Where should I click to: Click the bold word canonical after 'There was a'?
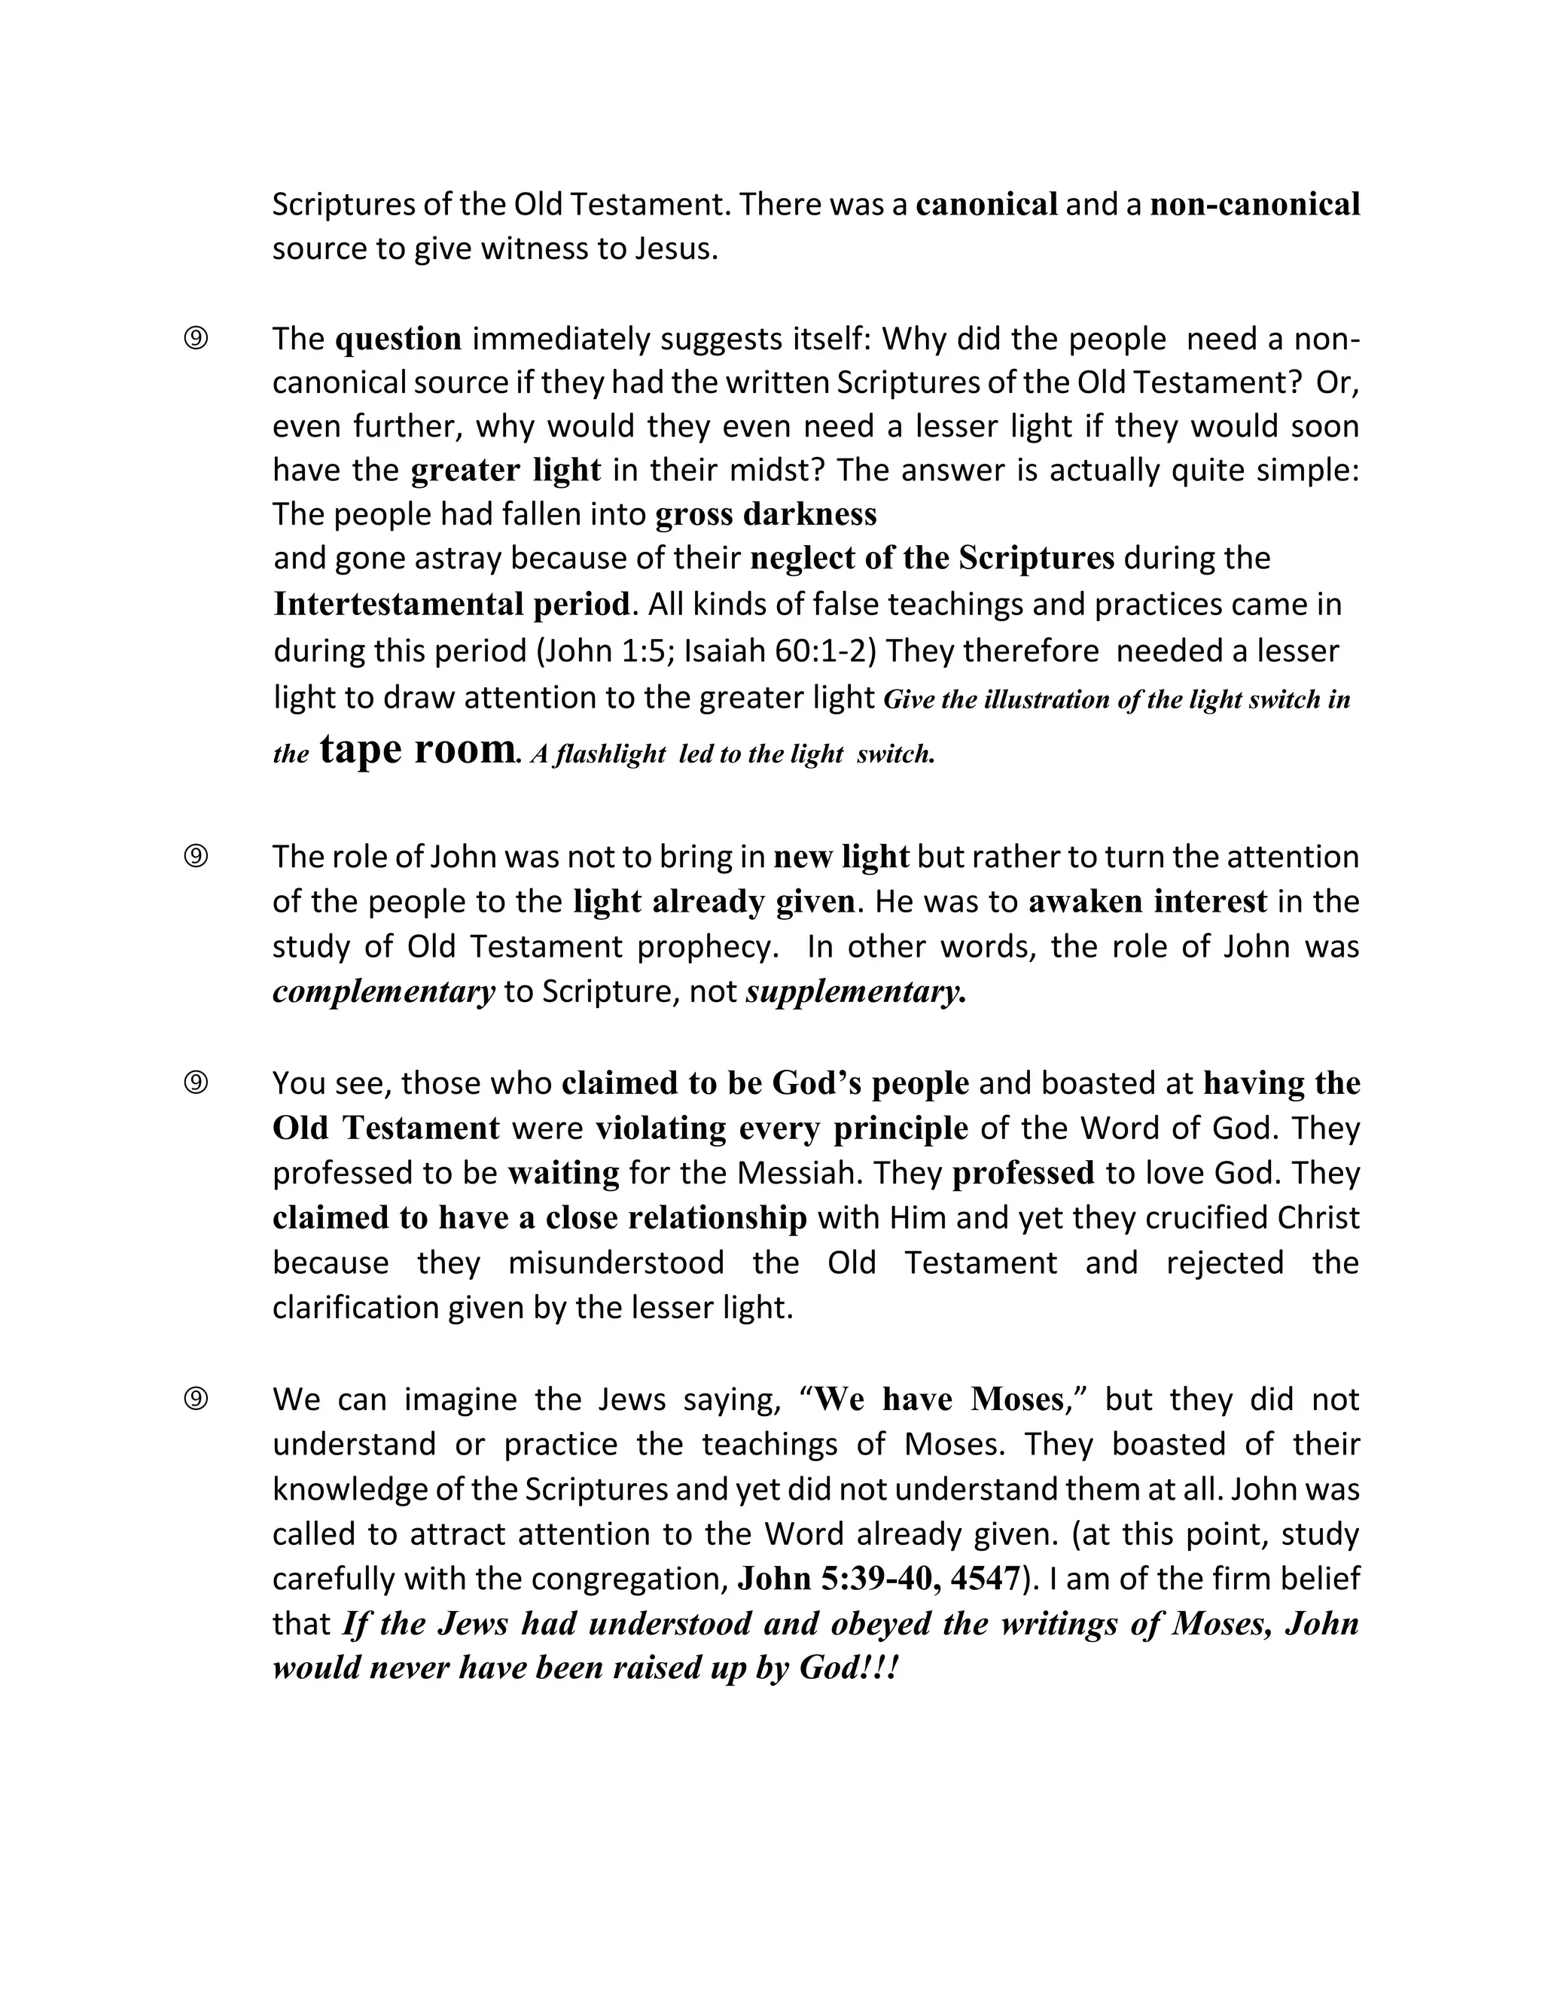click(986, 204)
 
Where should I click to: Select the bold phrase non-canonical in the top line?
click(1254, 204)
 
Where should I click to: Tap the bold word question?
click(398, 339)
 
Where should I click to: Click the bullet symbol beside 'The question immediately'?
click(196, 339)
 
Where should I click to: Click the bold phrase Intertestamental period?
click(451, 604)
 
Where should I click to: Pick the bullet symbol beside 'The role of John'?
click(196, 857)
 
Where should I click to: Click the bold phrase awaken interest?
click(1147, 902)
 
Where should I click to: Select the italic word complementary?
click(384, 991)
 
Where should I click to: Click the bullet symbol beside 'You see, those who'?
click(196, 1083)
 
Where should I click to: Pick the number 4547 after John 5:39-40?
click(983, 1579)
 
